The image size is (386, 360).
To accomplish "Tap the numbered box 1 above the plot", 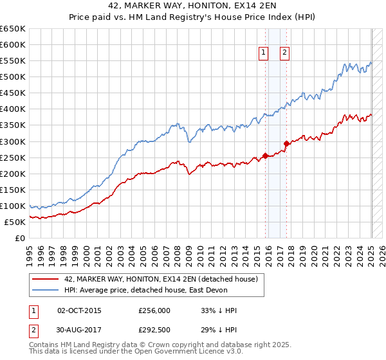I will pyautogui.click(x=264, y=54).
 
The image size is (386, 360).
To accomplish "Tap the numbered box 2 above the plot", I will pyautogui.click(x=284, y=54).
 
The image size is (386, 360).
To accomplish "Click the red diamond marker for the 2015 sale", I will pyautogui.click(x=265, y=155).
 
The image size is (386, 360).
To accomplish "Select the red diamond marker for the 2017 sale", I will pyautogui.click(x=286, y=143).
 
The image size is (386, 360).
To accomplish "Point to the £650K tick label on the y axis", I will pyautogui.click(x=13, y=29).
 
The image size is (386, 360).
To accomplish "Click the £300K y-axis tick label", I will pyautogui.click(x=13, y=141).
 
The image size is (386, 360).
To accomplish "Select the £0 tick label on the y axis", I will pyautogui.click(x=21, y=238).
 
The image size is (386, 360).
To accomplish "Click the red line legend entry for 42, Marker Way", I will pyautogui.click(x=161, y=279).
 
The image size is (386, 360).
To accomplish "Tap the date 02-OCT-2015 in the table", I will pyautogui.click(x=79, y=310).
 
